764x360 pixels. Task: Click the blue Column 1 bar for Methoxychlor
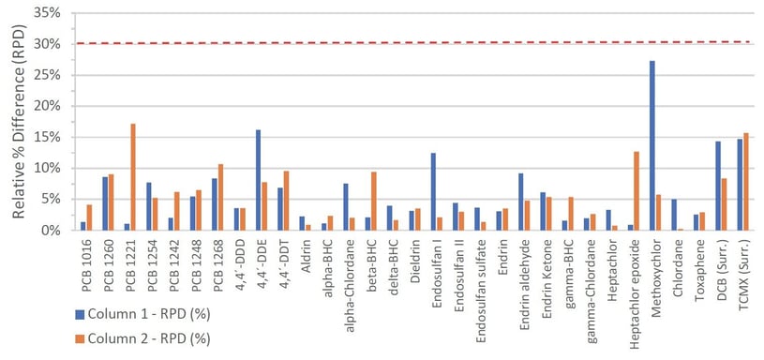coord(652,145)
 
